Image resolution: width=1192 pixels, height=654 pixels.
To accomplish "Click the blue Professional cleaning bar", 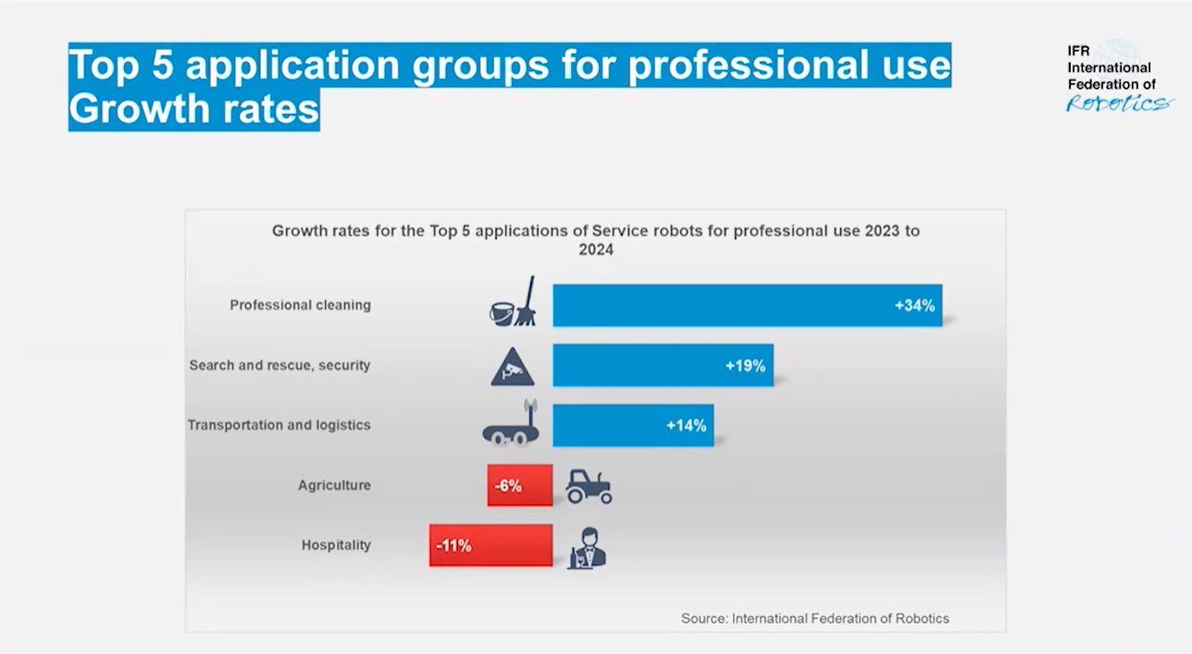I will click(722, 305).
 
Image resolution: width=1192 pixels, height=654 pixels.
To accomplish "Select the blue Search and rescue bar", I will click(639, 365).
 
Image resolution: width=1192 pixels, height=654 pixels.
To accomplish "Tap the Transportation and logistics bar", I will click(611, 426).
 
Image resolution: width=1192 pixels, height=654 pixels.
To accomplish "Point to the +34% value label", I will click(914, 305).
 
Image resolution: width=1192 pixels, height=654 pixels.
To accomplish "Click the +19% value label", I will click(745, 365).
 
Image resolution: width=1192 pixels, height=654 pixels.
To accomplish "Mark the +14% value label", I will click(686, 426).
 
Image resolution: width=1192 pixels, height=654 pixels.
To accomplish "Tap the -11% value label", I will click(453, 546).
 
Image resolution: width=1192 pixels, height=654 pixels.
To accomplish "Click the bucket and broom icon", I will click(513, 302).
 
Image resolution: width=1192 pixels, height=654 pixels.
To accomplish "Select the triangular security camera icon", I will click(513, 366).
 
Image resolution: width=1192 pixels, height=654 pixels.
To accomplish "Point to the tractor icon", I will click(589, 486).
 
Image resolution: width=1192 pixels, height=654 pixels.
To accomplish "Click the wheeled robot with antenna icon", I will click(511, 425).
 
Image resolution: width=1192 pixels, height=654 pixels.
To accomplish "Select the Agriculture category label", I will click(334, 486).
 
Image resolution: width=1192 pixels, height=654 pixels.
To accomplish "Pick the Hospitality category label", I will click(336, 546).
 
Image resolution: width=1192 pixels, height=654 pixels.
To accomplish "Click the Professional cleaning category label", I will click(300, 305).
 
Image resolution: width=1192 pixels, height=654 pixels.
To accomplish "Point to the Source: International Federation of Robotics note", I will click(814, 618).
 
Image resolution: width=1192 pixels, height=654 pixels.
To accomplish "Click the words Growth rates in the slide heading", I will click(193, 109).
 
